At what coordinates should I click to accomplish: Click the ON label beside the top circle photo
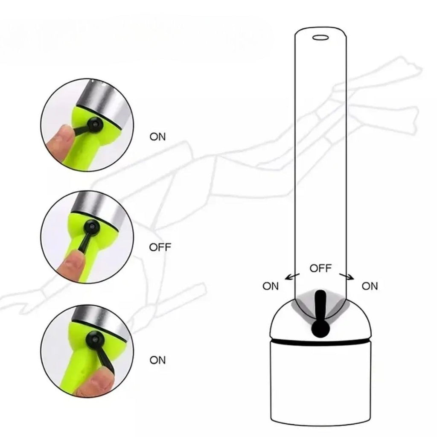click(157, 137)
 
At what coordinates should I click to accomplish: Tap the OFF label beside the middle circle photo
click(160, 247)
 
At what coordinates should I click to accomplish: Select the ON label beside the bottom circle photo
click(157, 360)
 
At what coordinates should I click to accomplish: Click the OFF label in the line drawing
click(320, 268)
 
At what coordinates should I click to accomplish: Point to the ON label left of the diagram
click(270, 286)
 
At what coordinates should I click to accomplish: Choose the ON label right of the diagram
click(370, 286)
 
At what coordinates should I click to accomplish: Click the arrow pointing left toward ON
click(292, 277)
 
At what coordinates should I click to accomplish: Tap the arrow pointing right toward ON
click(347, 277)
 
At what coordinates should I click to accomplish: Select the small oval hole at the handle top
click(320, 38)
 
